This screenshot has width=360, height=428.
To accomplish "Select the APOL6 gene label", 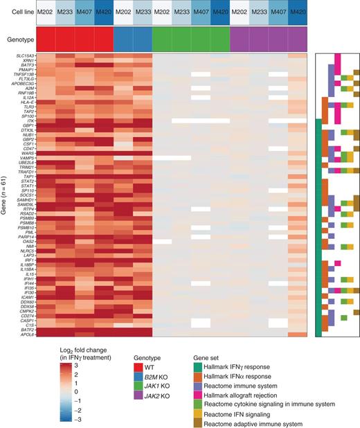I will pos(27,335).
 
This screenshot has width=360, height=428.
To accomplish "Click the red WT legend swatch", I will pos(138,366).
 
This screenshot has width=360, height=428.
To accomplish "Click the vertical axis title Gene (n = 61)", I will pos(7,195).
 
